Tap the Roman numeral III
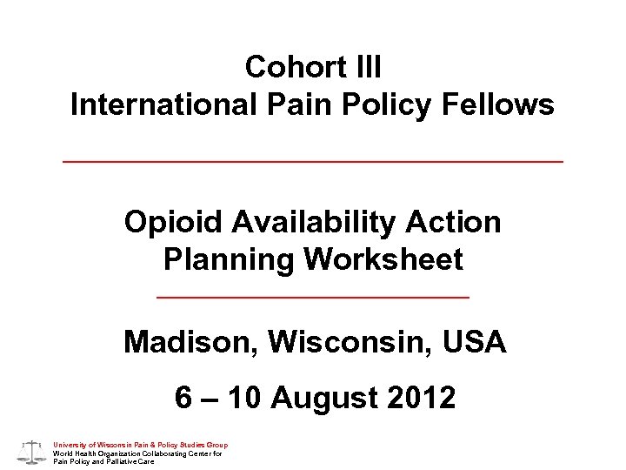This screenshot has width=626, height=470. (363, 66)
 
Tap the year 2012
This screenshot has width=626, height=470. (420, 398)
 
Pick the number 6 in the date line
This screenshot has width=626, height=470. (183, 398)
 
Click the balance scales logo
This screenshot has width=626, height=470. (31, 451)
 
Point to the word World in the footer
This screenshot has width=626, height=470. (63, 453)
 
